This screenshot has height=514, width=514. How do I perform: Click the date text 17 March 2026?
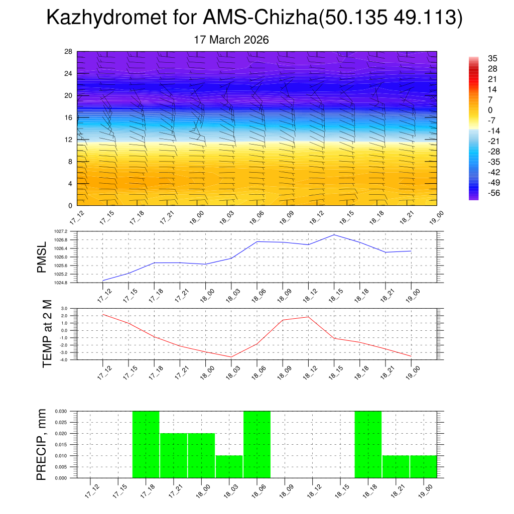coord(231,40)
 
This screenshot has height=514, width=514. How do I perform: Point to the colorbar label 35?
coord(492,58)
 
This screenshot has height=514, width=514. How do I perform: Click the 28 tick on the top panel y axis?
coord(68,52)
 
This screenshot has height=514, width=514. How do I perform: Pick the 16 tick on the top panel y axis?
coord(68,117)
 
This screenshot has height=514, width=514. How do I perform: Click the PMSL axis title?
coord(42,257)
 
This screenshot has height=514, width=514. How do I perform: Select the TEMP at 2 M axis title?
coord(47,334)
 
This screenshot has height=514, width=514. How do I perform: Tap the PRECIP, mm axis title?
coord(42,444)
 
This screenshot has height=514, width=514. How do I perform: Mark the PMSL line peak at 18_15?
coord(334,235)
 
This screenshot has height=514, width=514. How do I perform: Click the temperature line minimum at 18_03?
coord(231,357)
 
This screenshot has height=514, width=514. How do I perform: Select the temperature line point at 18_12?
coord(308,317)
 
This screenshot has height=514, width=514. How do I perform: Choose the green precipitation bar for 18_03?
coord(229,467)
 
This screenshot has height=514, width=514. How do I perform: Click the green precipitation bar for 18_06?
coord(257,444)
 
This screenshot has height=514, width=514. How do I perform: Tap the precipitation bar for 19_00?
coord(423,467)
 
